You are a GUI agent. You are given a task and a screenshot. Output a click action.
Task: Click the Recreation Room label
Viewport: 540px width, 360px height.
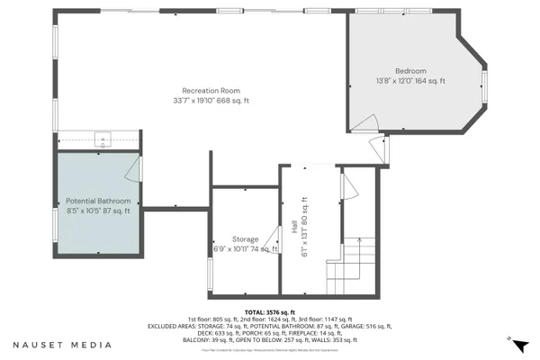tap(211, 90)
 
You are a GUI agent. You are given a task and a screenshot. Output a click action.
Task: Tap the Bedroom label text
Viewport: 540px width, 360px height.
tap(409, 71)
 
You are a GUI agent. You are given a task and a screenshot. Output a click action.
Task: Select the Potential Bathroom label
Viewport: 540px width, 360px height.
tap(98, 201)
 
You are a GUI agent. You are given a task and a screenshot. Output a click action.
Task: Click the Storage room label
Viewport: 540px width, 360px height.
tap(246, 239)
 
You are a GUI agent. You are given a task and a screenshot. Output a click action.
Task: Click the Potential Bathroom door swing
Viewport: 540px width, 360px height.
tap(132, 166)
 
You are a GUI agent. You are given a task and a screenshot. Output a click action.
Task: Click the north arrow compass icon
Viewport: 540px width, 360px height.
tap(510, 340)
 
